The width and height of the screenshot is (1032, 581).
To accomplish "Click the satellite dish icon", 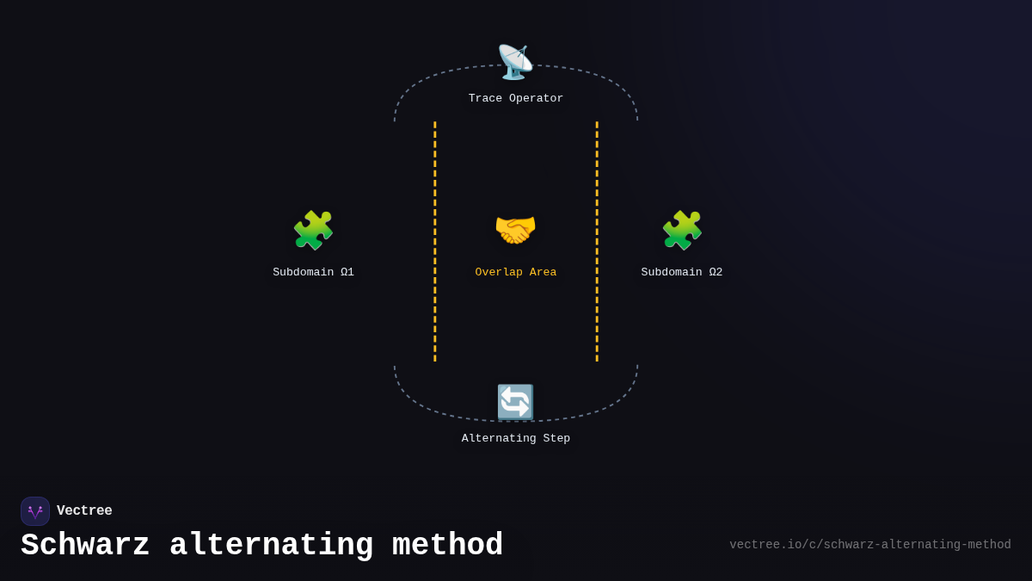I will pos(515,62).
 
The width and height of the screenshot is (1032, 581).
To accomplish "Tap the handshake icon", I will pos(515,230).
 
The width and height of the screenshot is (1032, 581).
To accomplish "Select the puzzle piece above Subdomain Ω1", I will pos(313,230).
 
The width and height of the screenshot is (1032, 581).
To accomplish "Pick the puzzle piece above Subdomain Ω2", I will pos(682,230).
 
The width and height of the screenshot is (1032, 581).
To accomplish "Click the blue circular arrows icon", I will pos(515,402).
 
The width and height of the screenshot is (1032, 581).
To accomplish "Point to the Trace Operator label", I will pos(516,99).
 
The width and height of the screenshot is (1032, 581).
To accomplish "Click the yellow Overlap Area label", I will pos(516,273).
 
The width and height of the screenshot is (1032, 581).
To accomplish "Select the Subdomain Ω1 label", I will pos(313,273).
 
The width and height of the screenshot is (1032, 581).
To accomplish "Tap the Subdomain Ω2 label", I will pos(682,273).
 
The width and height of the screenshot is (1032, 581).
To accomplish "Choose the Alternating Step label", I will pos(516,439).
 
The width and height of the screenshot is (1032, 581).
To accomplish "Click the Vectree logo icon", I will pos(35,511).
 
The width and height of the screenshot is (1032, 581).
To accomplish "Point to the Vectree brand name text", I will pos(84,511).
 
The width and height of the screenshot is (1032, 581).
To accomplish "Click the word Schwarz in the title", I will pos(85,546).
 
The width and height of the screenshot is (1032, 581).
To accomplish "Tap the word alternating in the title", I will pos(271,546).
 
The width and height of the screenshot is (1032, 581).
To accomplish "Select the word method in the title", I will pos(447,546).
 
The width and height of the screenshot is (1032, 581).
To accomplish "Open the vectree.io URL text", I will pos(869,545).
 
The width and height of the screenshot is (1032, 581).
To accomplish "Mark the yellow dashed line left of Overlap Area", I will pos(435,241).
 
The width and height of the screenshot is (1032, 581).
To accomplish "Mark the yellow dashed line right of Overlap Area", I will pos(597,241).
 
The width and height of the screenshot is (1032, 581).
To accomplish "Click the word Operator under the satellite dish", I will pos(536,99).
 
